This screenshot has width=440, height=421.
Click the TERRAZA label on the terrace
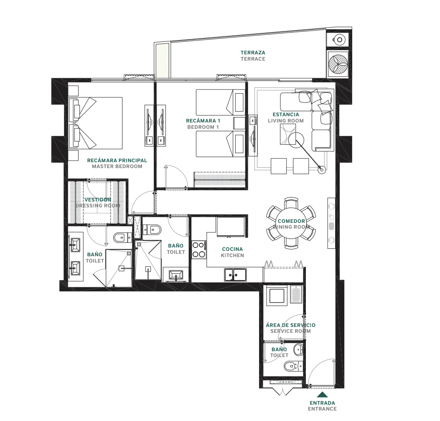[253, 53]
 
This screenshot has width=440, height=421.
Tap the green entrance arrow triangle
[323, 395]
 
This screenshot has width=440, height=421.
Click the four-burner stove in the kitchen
[199, 250]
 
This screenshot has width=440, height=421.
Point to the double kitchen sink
[235, 275]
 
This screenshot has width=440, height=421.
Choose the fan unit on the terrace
[338, 64]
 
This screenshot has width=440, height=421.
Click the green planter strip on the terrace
[163, 60]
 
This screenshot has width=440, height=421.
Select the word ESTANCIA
[286, 115]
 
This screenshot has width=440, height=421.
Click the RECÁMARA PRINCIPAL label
[117, 160]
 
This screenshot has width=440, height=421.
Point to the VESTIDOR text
[98, 200]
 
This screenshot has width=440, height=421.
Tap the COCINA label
[232, 249]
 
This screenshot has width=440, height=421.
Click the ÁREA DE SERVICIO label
[290, 325]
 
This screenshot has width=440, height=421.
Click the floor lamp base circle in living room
[321, 169]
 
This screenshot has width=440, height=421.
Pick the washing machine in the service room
[277, 296]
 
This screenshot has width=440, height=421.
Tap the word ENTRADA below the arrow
[323, 403]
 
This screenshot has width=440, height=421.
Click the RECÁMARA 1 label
[203, 121]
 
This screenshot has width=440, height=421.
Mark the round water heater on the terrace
[339, 40]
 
